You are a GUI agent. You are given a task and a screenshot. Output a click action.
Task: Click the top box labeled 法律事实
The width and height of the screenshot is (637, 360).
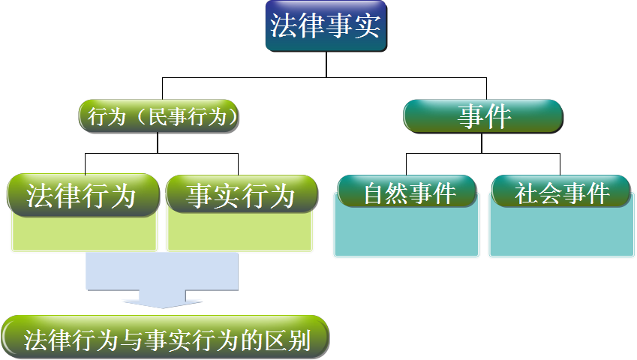pyautogui.click(x=326, y=26)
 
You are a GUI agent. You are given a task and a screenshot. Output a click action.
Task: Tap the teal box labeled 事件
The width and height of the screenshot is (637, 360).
pyautogui.click(x=483, y=117)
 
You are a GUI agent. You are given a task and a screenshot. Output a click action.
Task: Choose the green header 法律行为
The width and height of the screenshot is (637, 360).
pyautogui.click(x=82, y=196)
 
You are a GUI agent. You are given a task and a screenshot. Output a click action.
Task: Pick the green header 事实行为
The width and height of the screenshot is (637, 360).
pyautogui.click(x=241, y=196)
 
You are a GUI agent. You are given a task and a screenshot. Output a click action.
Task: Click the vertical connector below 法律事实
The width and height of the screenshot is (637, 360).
pyautogui.click(x=326, y=65)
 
